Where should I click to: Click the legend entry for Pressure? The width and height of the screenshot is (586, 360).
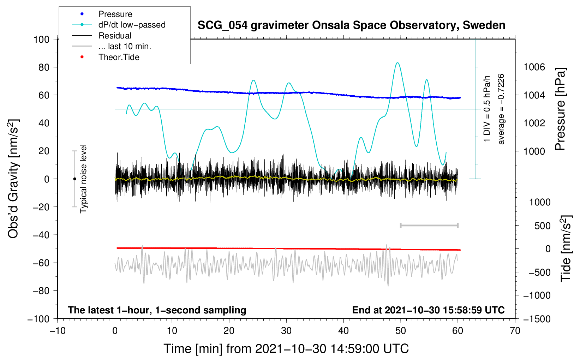click(115, 14)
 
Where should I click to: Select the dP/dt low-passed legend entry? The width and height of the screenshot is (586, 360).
click(132, 25)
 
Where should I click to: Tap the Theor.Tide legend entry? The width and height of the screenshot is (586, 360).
click(119, 57)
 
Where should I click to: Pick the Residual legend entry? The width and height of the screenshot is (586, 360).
click(115, 36)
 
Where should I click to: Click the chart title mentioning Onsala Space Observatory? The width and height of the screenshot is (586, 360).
click(351, 25)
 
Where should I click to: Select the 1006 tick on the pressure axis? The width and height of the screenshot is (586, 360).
click(534, 67)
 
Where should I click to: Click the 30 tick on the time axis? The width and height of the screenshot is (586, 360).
click(286, 331)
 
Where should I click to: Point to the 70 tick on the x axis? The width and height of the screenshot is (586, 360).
click(515, 331)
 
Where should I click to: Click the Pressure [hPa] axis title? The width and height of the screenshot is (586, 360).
click(560, 109)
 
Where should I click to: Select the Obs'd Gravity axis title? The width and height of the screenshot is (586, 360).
click(13, 179)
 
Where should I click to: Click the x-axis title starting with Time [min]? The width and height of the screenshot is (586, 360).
click(286, 349)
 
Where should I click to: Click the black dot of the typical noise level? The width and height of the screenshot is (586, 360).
click(74, 179)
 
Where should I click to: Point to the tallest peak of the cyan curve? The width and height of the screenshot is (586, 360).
click(398, 63)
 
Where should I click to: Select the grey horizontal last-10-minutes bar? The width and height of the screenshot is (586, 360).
click(429, 225)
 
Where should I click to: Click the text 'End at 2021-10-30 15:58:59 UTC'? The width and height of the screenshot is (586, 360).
click(428, 310)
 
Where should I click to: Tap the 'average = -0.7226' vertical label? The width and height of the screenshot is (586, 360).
click(501, 109)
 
